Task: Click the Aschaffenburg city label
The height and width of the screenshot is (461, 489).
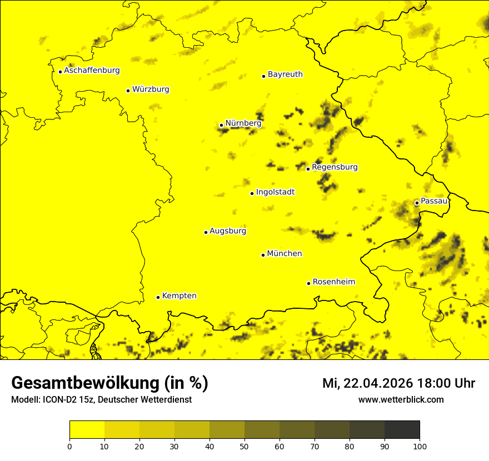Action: (x=92, y=71)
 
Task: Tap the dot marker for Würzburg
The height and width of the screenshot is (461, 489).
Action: (x=128, y=91)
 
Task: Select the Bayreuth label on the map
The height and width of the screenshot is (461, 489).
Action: (x=285, y=74)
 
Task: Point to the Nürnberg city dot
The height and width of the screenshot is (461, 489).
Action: (x=221, y=125)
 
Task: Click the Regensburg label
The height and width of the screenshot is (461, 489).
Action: (x=335, y=167)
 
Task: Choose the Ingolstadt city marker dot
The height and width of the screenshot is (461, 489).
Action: (x=252, y=193)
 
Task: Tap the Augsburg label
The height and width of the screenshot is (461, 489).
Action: (x=228, y=231)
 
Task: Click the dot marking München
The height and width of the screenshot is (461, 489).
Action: (x=263, y=255)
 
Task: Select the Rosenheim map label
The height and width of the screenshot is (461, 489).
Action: (x=333, y=282)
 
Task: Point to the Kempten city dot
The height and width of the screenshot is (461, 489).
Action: (x=158, y=297)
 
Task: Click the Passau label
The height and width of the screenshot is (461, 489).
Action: (x=434, y=201)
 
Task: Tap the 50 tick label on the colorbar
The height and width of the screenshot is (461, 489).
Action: (x=244, y=446)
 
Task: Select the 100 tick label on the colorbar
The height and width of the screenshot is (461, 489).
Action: (x=420, y=446)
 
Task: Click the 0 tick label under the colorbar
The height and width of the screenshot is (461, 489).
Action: (x=69, y=446)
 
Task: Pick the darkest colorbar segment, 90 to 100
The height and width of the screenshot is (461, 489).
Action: (x=402, y=429)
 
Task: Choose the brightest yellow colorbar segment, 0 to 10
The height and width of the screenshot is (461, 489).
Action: (x=87, y=429)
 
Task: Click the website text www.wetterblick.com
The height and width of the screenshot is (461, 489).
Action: (x=401, y=399)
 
